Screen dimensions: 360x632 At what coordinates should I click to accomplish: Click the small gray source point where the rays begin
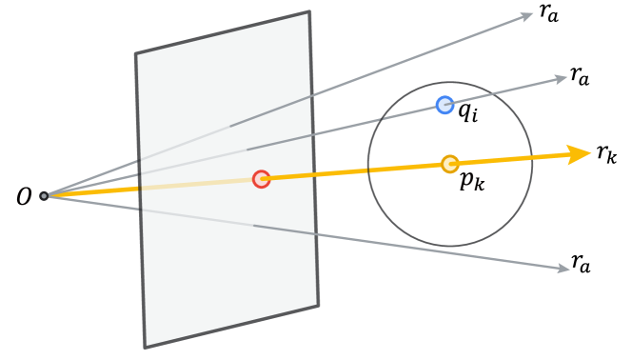(x=44, y=196)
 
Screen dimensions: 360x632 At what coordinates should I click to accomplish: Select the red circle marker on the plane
(x=262, y=179)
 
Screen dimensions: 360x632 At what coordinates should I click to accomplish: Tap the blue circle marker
(x=444, y=105)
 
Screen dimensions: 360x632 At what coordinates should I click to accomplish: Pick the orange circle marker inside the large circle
(x=450, y=164)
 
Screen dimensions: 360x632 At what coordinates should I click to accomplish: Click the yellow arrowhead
(x=580, y=153)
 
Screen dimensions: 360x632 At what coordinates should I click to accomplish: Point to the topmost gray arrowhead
(x=526, y=15)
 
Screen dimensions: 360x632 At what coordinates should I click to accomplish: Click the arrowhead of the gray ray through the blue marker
(x=561, y=79)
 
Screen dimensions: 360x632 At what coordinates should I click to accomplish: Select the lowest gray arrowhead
(x=563, y=269)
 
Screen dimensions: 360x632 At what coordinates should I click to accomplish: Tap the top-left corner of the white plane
(x=136, y=54)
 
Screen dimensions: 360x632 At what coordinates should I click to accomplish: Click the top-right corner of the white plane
(x=309, y=12)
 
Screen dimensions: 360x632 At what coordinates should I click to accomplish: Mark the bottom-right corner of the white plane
(x=318, y=306)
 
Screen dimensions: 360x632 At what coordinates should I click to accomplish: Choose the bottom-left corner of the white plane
(x=146, y=347)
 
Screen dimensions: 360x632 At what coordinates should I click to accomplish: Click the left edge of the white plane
(x=141, y=200)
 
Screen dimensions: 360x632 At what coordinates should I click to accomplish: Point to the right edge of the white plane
(x=314, y=159)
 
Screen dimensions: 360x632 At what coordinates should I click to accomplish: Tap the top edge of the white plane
(x=223, y=33)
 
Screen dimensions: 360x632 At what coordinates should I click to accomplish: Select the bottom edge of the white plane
(x=231, y=327)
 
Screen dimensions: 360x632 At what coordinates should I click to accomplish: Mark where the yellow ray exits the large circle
(x=532, y=157)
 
